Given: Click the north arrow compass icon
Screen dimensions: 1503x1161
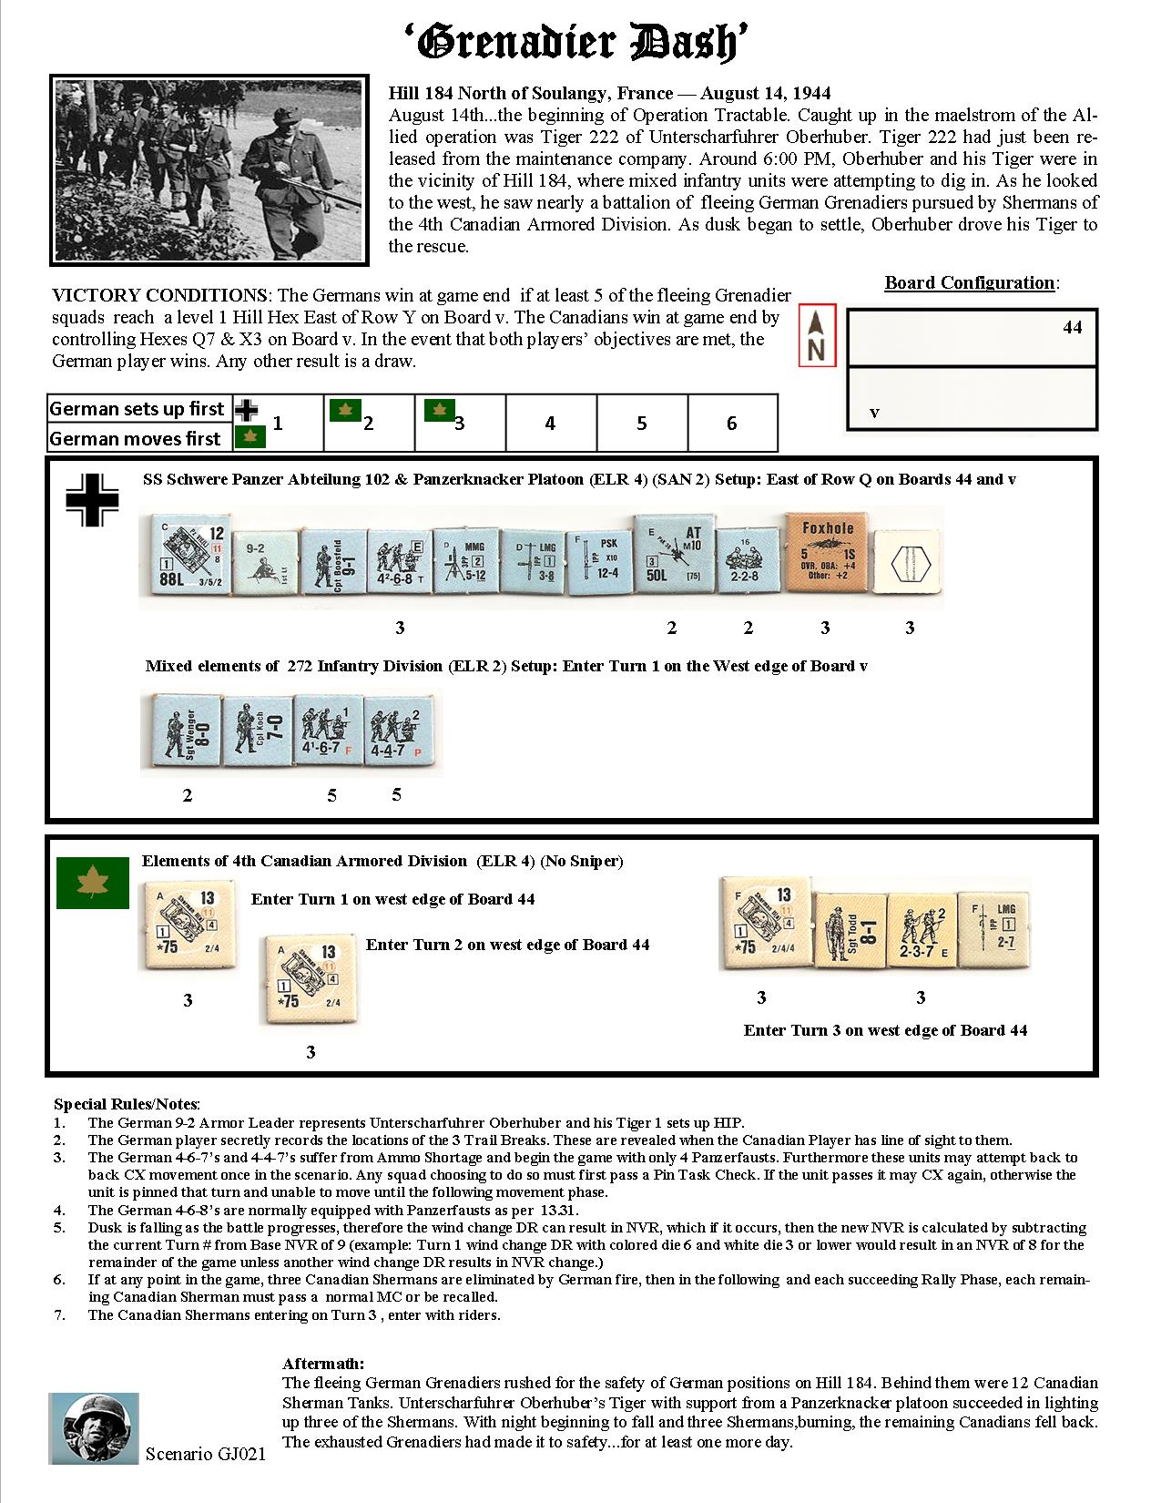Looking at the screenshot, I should click(x=816, y=336).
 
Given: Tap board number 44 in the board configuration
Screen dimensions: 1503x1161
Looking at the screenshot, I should click(x=1073, y=327).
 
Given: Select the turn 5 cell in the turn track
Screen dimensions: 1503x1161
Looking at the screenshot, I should click(x=642, y=424).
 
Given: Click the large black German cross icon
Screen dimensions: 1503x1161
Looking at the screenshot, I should click(x=91, y=500).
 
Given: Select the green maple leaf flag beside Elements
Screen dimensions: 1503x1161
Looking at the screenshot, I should click(x=91, y=883).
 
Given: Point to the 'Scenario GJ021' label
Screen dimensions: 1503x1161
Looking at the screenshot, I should click(x=206, y=1454).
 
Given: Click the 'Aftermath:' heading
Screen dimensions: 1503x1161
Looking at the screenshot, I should click(x=323, y=1364).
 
